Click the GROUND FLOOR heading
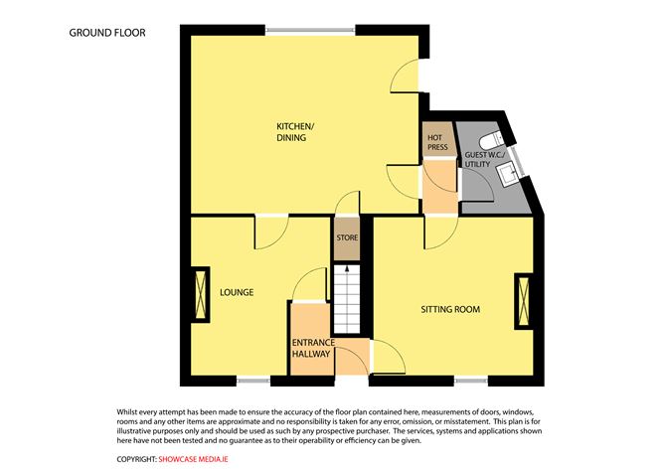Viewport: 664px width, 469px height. pos(107,33)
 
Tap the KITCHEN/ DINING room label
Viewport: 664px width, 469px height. pos(294,131)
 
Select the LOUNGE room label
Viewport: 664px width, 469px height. pos(238,292)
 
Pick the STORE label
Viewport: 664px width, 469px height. pos(345,238)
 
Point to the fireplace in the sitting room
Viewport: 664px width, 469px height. pos(523,302)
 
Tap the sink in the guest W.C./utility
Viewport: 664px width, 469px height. pos(508,175)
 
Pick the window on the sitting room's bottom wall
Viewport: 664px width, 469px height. pos(471,380)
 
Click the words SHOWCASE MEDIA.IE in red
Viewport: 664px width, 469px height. pos(203,459)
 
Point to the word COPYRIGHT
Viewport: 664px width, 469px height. pos(136,459)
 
